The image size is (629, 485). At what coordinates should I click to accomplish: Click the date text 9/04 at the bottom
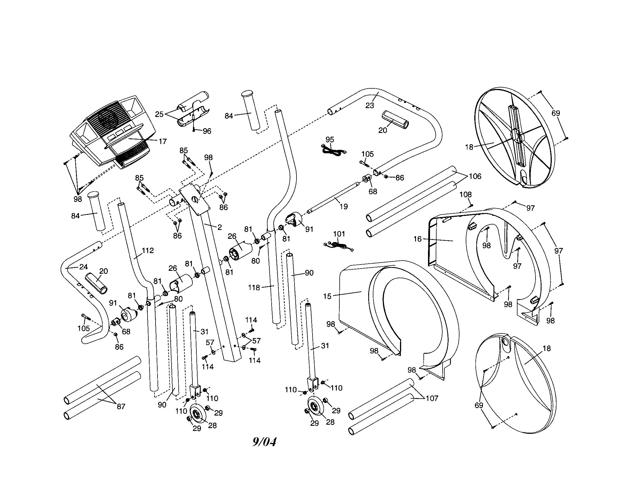click(x=264, y=442)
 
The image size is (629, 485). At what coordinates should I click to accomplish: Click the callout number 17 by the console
click(x=163, y=141)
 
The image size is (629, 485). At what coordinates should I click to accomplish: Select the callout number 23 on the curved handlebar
click(x=369, y=106)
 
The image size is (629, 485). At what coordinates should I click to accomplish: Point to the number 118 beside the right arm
click(x=254, y=287)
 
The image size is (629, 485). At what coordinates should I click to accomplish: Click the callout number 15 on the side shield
click(x=327, y=296)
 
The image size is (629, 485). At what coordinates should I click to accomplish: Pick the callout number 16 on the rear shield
click(x=417, y=239)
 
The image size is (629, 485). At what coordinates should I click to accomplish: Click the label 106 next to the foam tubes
click(x=475, y=176)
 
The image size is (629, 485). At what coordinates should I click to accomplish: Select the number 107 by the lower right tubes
click(x=432, y=398)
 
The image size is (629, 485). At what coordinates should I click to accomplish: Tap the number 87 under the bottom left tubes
click(x=121, y=406)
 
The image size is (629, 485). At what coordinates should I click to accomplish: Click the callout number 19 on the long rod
click(x=344, y=206)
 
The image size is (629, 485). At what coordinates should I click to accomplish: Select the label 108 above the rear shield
click(x=465, y=195)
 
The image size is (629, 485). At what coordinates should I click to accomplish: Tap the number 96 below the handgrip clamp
click(x=207, y=131)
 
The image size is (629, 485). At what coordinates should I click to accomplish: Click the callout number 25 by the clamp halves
click(x=159, y=114)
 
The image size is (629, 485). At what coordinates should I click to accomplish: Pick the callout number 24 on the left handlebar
click(x=83, y=267)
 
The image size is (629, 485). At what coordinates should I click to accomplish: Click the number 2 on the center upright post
click(x=220, y=227)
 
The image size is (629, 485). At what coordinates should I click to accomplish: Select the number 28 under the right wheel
click(x=330, y=422)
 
